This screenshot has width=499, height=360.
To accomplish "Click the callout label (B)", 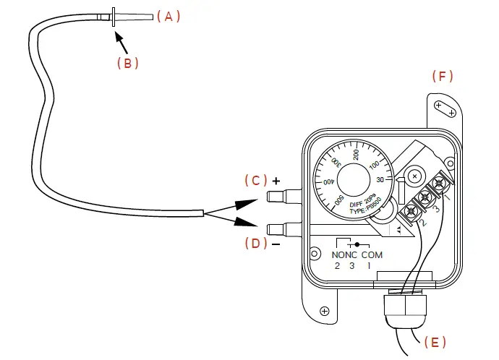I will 127,63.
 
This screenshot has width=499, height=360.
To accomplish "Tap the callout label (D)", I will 255,243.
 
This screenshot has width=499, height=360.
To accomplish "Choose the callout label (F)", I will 443,76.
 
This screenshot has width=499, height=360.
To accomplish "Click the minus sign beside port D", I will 276,244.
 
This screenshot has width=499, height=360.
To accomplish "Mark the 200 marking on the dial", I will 357,154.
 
